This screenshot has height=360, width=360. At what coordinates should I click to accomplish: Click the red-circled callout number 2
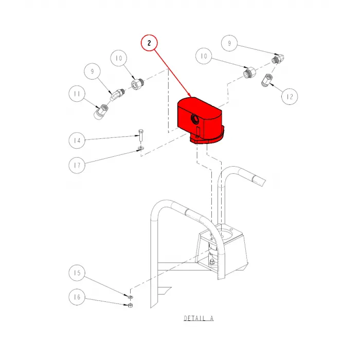[x=149, y=43]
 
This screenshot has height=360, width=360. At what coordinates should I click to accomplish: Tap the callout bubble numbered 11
[x=77, y=94]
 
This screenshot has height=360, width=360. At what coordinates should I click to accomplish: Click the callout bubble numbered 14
[x=77, y=140]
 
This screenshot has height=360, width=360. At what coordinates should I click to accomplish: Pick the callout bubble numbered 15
[x=77, y=273]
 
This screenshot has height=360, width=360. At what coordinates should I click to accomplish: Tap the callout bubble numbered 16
[x=77, y=297]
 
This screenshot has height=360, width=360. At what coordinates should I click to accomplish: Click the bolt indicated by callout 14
[x=140, y=137]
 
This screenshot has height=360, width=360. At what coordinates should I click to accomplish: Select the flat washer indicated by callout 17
[x=140, y=150]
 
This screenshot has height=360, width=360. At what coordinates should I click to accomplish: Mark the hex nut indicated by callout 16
[x=130, y=306]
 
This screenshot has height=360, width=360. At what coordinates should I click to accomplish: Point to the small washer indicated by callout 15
[x=131, y=297]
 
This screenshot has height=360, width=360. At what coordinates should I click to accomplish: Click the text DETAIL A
[x=199, y=319]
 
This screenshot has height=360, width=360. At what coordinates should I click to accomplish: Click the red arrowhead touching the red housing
[x=191, y=97]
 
